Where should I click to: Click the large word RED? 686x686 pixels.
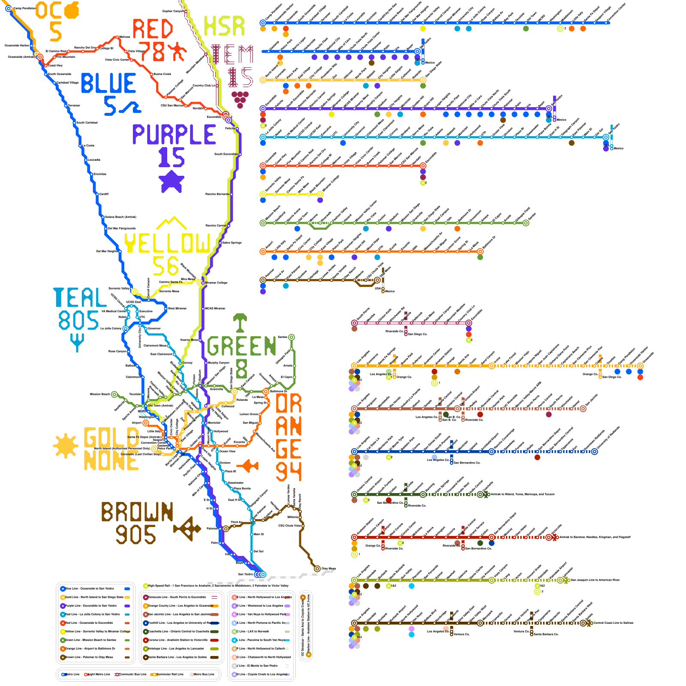click(x=152, y=29)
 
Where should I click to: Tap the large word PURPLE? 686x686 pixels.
click(x=174, y=135)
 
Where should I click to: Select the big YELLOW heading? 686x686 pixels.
click(x=167, y=243)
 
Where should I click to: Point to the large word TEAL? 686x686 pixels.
click(x=80, y=298)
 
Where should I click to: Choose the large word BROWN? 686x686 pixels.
click(x=137, y=512)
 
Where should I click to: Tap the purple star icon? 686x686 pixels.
click(x=171, y=181)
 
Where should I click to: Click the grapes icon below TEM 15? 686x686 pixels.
click(x=240, y=99)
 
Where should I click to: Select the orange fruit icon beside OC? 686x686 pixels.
click(x=72, y=10)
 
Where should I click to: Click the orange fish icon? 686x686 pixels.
click(x=248, y=465)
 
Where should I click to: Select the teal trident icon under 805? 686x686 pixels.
click(x=77, y=342)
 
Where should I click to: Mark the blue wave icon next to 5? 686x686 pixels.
click(x=129, y=107)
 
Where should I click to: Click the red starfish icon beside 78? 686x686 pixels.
click(x=177, y=51)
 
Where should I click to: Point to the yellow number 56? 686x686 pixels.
click(x=165, y=266)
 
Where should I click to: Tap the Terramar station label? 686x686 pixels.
click(x=74, y=105)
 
